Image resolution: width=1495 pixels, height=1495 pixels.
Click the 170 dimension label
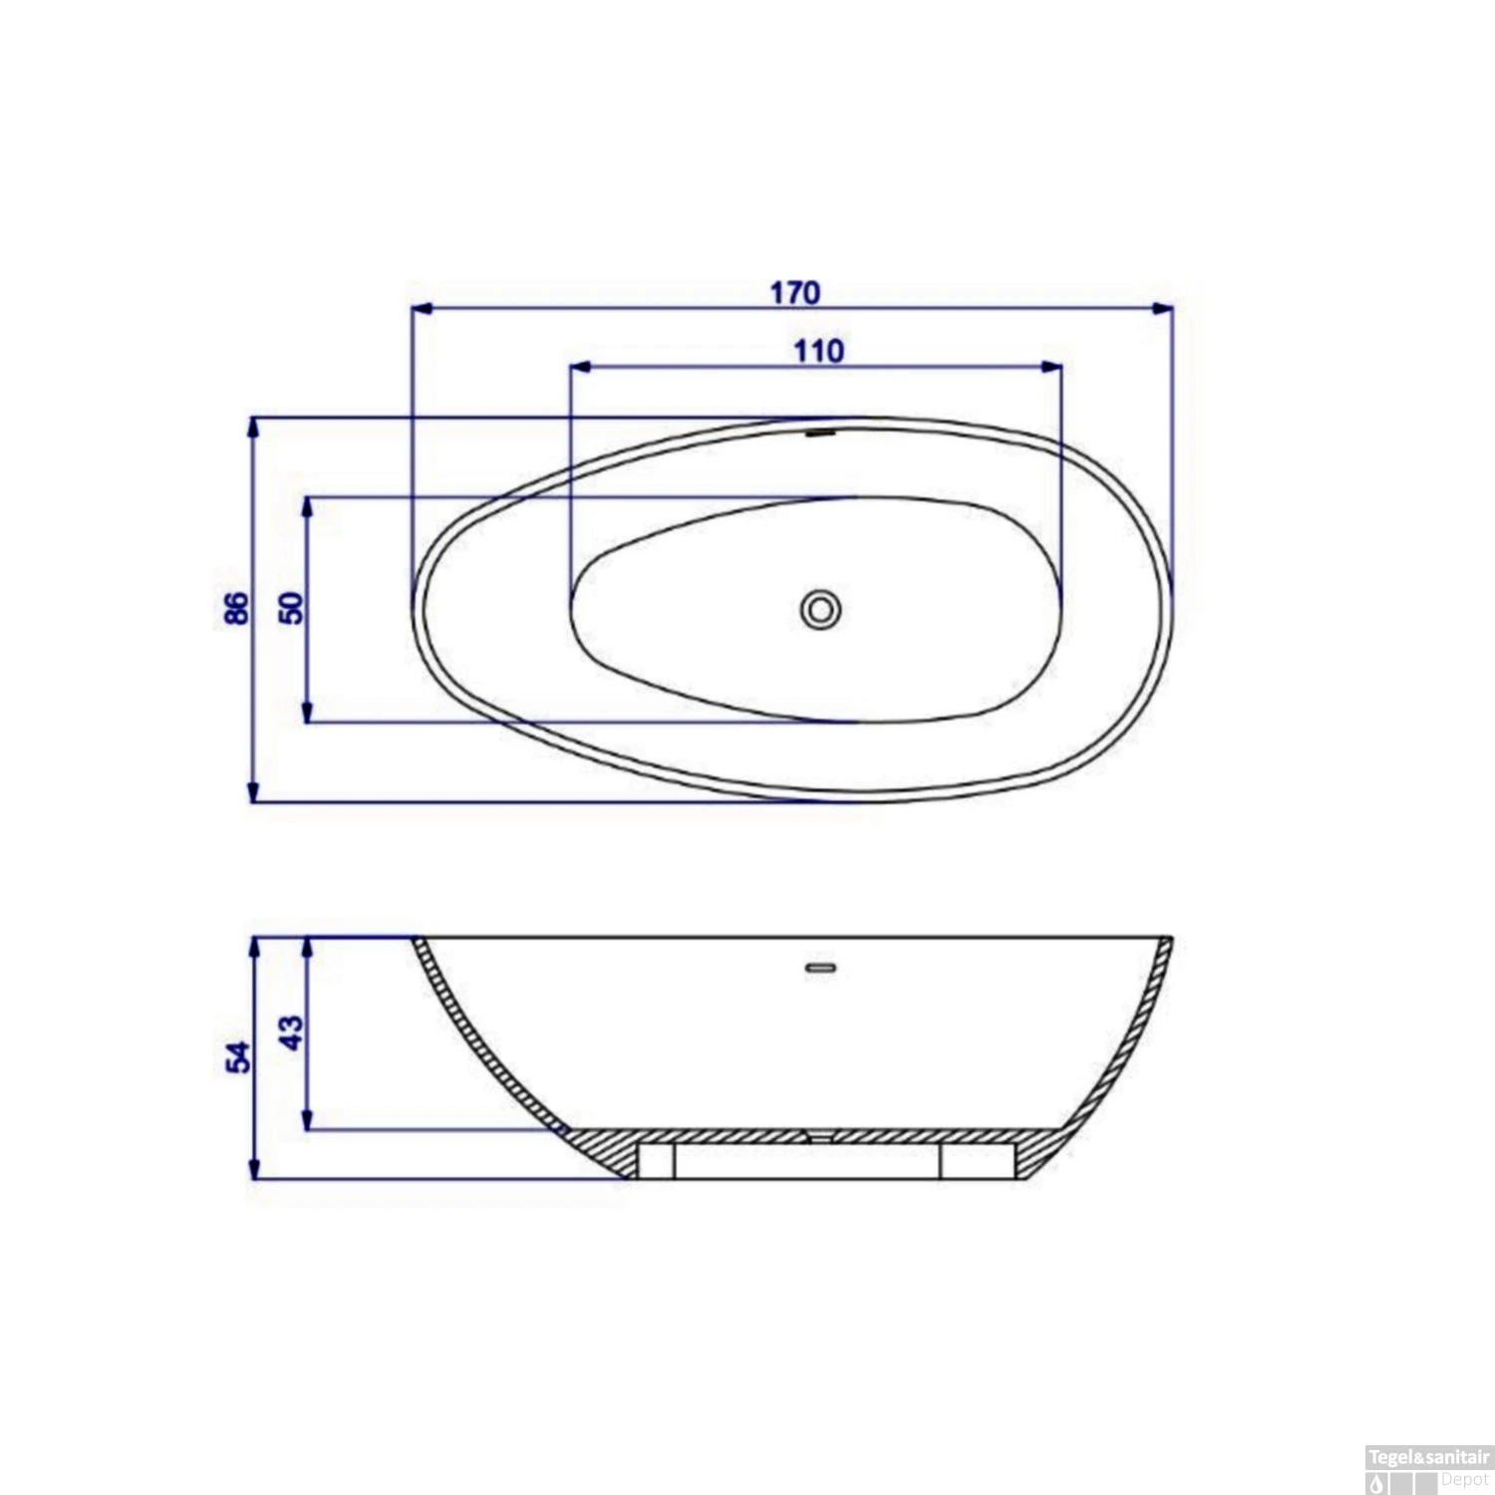794,292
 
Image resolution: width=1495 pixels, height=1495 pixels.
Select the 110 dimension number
818,351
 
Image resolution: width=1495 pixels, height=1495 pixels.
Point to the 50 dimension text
291,608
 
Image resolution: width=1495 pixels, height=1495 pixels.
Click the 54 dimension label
238,1057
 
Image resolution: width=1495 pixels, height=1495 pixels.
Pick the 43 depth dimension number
291,1033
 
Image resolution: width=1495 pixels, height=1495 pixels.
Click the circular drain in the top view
820,610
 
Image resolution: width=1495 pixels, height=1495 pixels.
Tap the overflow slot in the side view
820,968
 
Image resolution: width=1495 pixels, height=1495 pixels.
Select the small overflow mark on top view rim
820,434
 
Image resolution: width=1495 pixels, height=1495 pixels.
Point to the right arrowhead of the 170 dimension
1162,309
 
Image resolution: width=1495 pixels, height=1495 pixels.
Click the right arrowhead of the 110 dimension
1051,367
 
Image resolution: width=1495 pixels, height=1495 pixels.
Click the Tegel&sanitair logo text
1428,1457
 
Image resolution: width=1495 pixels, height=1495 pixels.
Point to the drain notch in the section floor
819,1135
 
